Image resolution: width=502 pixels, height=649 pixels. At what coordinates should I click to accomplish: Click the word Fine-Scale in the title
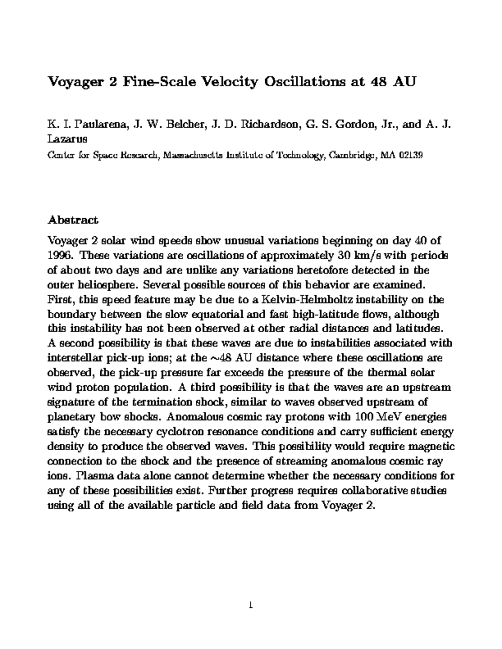click(156, 82)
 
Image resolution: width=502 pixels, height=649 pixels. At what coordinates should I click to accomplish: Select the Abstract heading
click(73, 220)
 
